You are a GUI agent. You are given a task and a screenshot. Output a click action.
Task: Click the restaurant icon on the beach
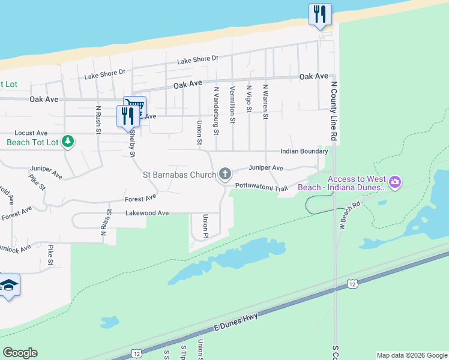coord(320,14)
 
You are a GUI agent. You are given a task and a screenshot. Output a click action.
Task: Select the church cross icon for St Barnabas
coord(225,174)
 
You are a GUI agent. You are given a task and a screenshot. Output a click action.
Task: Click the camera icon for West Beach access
coord(395,181)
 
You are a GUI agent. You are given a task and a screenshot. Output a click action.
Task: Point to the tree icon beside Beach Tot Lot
coord(68,142)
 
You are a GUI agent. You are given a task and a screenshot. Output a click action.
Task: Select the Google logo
coord(20,353)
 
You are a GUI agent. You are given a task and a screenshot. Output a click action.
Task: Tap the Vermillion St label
coord(232,104)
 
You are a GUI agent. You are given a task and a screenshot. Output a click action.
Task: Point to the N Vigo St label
coord(249,98)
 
